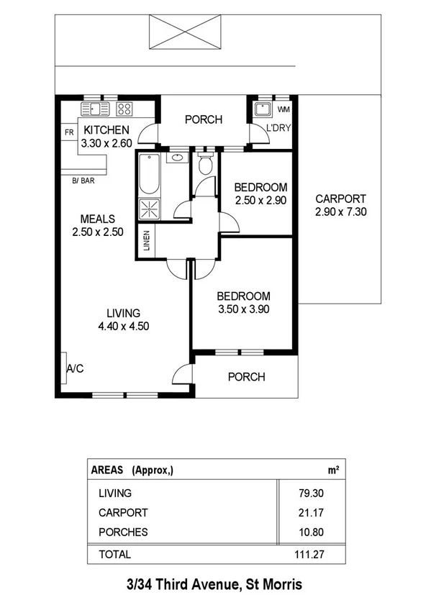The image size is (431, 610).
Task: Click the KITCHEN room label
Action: pos(106,130)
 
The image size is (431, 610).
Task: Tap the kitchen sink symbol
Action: pos(94,109)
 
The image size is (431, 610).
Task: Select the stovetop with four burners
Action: pos(124,109)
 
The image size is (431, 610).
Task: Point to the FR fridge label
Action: pos(69,133)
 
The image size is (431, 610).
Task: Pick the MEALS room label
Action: pos(98,219)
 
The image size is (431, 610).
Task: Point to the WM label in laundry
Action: pos(283,110)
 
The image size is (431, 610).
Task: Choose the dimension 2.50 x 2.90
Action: pos(261,201)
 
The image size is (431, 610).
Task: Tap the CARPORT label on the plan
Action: pos(341,199)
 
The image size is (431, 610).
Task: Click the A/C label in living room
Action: pos(76,368)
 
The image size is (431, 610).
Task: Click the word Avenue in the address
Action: pos(208,586)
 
